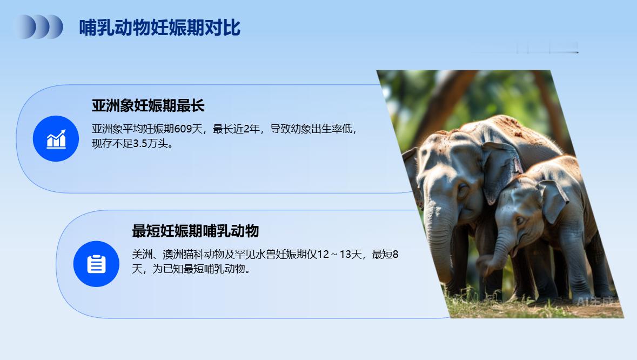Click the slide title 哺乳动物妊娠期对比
tap(160, 28)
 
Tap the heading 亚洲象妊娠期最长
tap(148, 105)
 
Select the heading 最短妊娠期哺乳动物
tap(195, 231)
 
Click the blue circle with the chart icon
tap(56, 138)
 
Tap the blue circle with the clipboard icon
tap(96, 264)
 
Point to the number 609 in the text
tap(183, 129)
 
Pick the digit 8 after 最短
tap(395, 255)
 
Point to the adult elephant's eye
tap(462, 189)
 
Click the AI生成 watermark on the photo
tap(594, 302)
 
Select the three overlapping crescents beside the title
tap(40, 27)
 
